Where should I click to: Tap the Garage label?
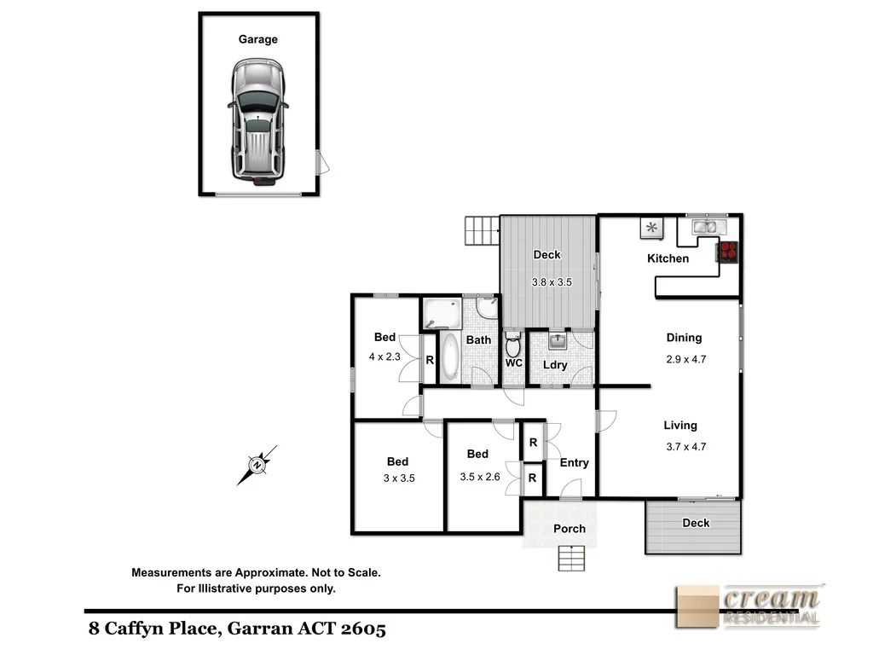pyautogui.click(x=257, y=39)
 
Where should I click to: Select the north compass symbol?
pyautogui.click(x=257, y=466)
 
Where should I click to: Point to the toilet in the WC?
pyautogui.click(x=512, y=345)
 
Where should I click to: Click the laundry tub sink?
pyautogui.click(x=557, y=342)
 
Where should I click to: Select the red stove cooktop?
pyautogui.click(x=729, y=251)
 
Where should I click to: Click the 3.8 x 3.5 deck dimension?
pyautogui.click(x=552, y=281)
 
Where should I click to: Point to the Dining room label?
pyautogui.click(x=684, y=338)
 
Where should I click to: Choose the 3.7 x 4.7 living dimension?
pyautogui.click(x=686, y=446)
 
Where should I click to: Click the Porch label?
pyautogui.click(x=569, y=529)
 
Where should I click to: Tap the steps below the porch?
pyautogui.click(x=571, y=559)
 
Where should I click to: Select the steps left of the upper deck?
pyautogui.click(x=481, y=229)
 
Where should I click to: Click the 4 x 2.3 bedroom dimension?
pyautogui.click(x=384, y=356)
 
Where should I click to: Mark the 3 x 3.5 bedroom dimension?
pyautogui.click(x=398, y=478)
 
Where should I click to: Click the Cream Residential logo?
pyautogui.click(x=749, y=606)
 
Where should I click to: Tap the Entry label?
pyautogui.click(x=574, y=463)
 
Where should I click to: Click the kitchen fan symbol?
pyautogui.click(x=652, y=228)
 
